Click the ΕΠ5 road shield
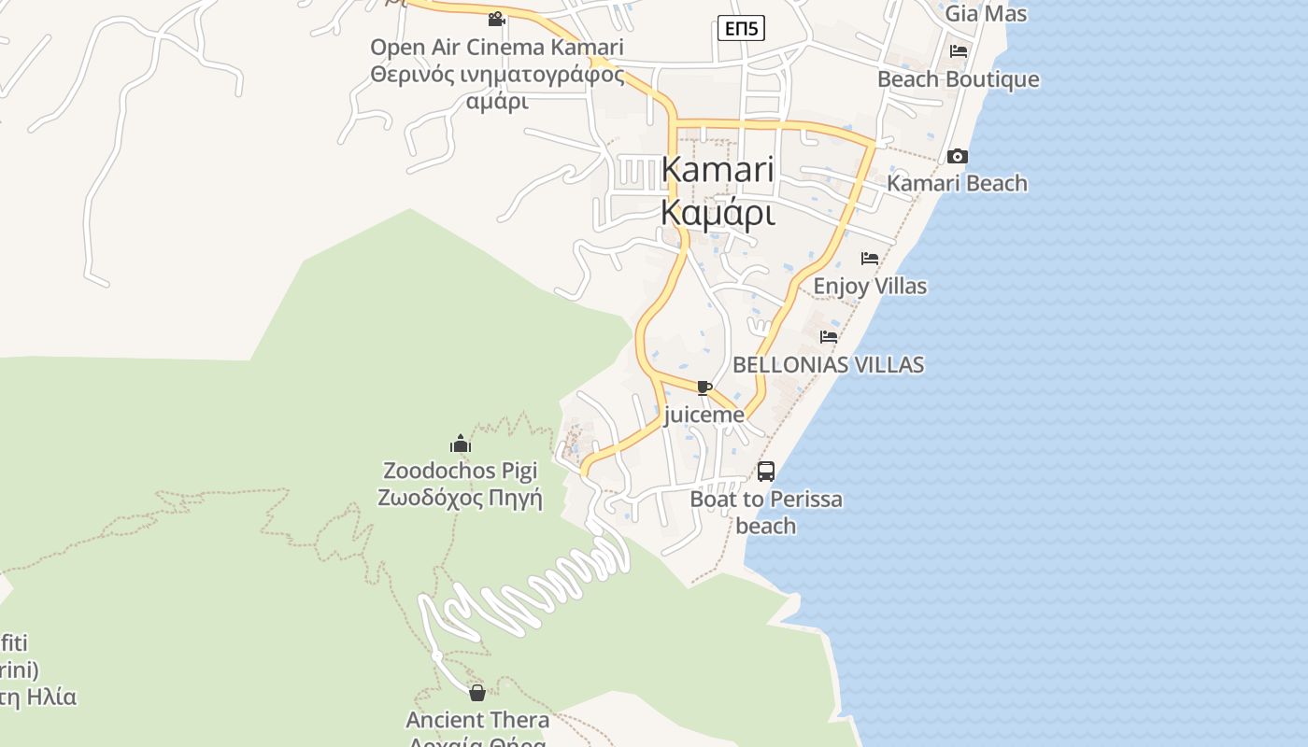[x=741, y=29]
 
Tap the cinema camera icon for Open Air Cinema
[x=496, y=19]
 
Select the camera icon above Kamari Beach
[x=957, y=156]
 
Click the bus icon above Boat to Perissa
[x=765, y=472]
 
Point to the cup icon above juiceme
[x=704, y=388]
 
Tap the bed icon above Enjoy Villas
[x=870, y=259]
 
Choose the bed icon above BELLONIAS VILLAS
[x=829, y=337]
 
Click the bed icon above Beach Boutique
[x=959, y=51]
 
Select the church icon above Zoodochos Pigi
[x=461, y=444]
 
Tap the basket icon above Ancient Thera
[x=477, y=693]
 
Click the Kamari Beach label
[x=957, y=183]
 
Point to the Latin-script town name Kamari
[x=718, y=170]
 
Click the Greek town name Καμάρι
[x=718, y=213]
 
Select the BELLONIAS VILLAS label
[x=829, y=364]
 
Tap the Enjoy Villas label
[x=870, y=286]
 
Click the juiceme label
[x=704, y=415]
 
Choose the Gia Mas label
[x=986, y=14]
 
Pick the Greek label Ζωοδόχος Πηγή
[x=461, y=498]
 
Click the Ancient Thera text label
[x=477, y=720]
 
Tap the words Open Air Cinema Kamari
[x=497, y=47]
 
